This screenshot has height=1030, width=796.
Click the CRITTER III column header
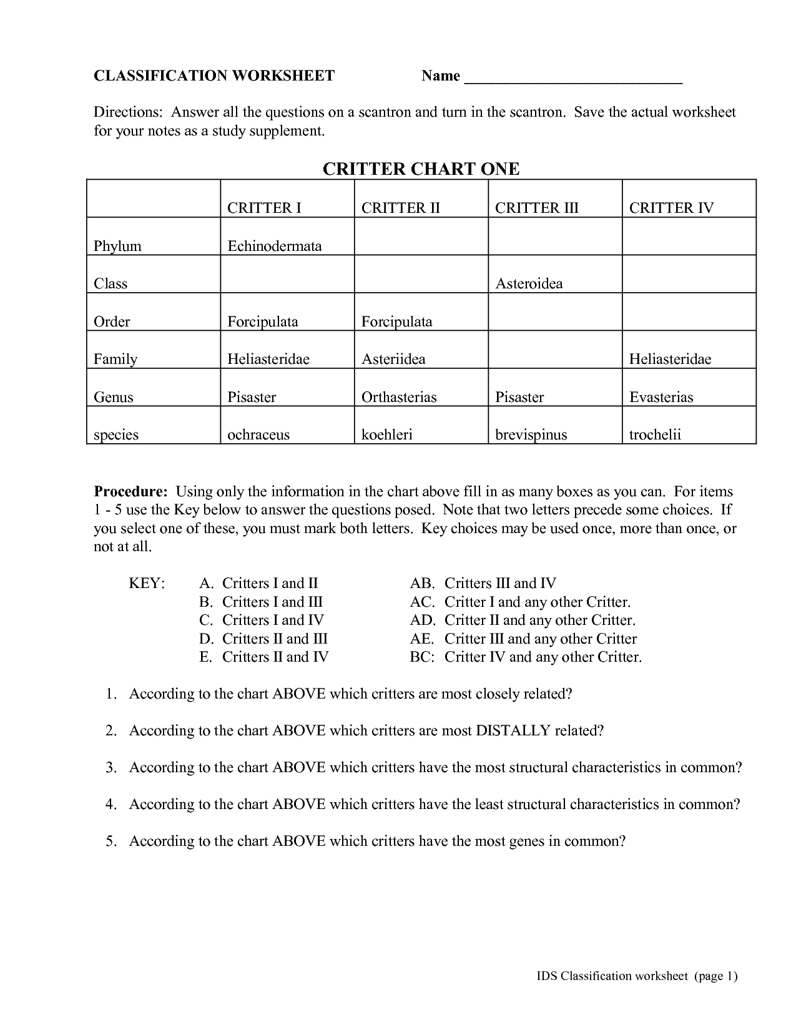[536, 208]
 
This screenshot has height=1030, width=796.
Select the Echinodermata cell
[274, 246]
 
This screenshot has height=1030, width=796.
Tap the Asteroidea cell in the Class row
[528, 284]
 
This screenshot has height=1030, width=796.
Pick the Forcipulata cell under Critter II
[396, 322]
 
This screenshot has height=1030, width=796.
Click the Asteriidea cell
[393, 360]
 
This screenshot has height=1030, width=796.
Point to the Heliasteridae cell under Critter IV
[669, 360]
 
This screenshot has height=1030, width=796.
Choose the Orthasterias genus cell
[398, 398]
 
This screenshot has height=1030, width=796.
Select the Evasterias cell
[661, 398]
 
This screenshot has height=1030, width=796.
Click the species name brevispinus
[531, 435]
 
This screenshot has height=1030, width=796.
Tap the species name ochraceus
[258, 435]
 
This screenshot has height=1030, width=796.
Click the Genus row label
[113, 398]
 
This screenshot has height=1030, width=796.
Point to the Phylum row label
[117, 246]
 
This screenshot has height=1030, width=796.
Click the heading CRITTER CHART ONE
[421, 169]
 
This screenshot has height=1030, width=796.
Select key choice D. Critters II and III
[263, 639]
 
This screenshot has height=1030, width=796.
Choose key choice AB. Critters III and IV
[483, 584]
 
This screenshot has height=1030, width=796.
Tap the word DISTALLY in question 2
[513, 731]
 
